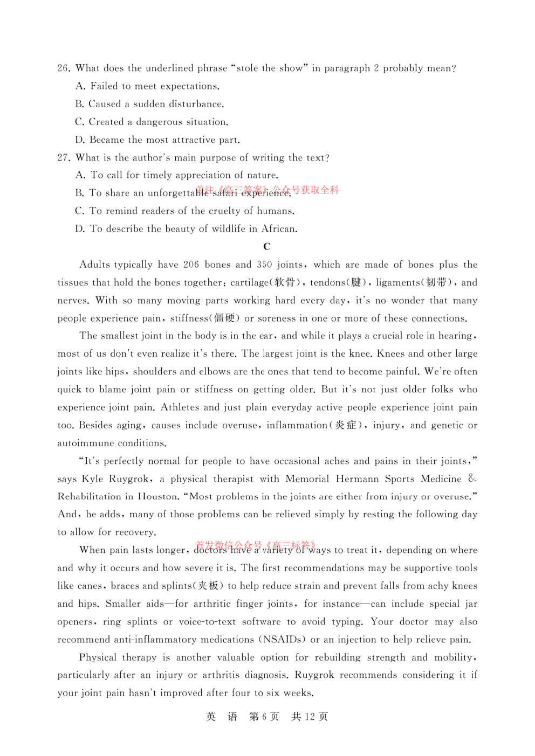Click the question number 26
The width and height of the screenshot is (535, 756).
(63, 68)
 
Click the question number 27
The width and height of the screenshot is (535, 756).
(63, 158)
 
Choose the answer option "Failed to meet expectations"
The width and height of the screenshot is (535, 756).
(154, 86)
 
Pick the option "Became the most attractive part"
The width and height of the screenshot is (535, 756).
(164, 140)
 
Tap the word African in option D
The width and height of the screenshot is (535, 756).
(279, 229)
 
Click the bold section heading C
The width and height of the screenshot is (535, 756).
(266, 247)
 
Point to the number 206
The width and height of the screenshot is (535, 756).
(191, 265)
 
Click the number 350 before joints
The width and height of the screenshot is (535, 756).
(264, 265)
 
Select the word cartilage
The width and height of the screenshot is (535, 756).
(249, 283)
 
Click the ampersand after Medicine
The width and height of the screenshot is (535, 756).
(472, 478)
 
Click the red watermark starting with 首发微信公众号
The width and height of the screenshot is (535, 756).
(255, 545)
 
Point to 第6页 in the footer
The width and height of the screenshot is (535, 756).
(264, 717)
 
